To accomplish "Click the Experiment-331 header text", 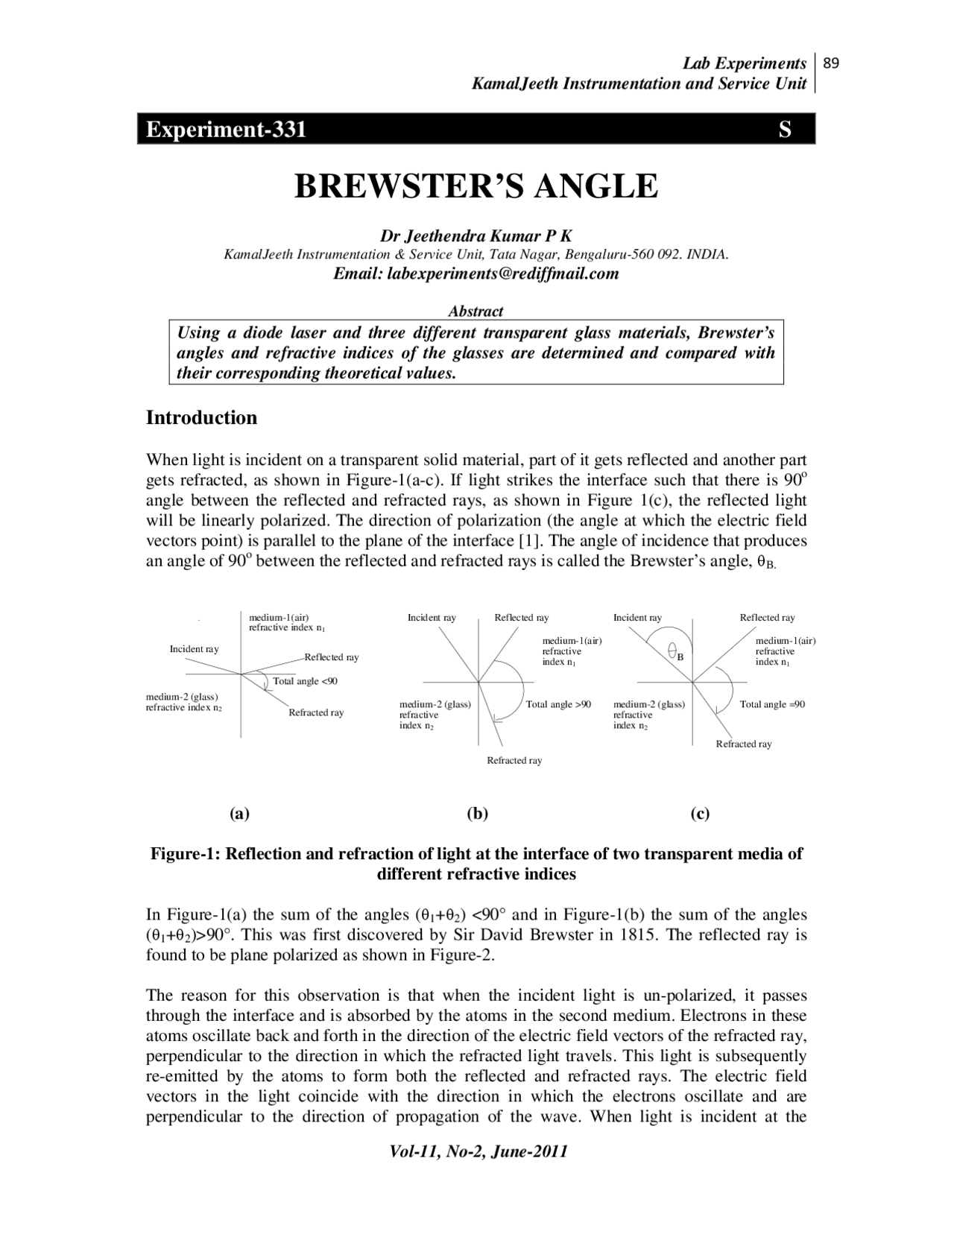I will pos(226,130).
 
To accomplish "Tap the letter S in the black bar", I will pos(784,130).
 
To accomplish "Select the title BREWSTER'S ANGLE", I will pos(476,186).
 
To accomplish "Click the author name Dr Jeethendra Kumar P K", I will pos(476,236).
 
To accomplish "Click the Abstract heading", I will pos(476,311).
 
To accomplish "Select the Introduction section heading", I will pos(201,417).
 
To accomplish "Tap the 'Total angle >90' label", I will pos(558,704).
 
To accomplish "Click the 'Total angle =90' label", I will pos(772,704).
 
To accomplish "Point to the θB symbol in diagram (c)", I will pos(675,654).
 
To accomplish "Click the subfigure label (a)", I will pos(239,813).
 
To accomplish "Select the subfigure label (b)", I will pos(477,813).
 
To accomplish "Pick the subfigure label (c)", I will pos(700,813).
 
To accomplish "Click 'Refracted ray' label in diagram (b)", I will pos(514,761).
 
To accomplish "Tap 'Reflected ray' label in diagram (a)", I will pos(332,657).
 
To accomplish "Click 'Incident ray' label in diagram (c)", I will pos(637,618).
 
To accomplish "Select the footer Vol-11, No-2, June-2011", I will pos(478,1151).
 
